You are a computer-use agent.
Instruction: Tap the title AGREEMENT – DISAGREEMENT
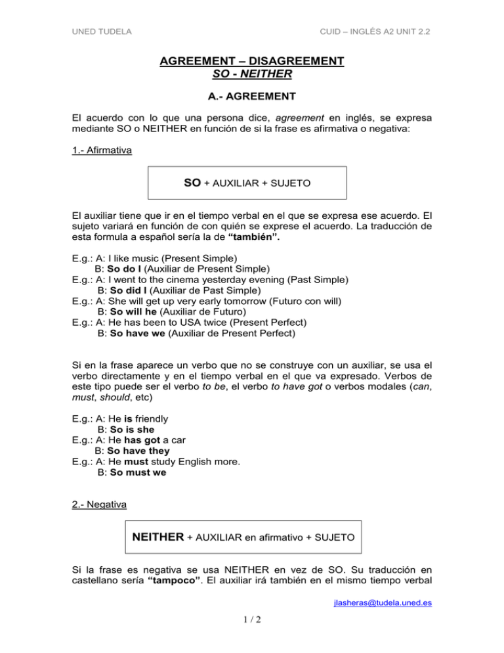[x=252, y=61]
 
